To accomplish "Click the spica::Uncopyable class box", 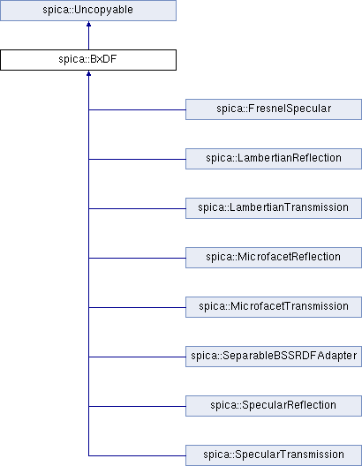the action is tap(88, 11).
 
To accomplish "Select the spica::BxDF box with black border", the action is tap(88, 60).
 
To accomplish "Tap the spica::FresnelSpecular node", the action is tap(274, 109).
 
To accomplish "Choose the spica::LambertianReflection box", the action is tap(274, 159).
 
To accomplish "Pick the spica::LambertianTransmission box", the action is tap(274, 208).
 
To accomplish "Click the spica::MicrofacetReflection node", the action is tap(274, 258).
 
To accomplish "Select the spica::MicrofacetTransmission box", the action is tap(274, 307).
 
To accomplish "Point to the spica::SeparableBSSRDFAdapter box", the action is tap(274, 357).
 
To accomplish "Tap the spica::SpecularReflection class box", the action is tap(274, 406).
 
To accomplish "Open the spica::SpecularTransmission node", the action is tap(274, 455).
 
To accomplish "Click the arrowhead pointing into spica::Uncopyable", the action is tap(88, 24).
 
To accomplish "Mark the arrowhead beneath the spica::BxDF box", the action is tap(88, 73).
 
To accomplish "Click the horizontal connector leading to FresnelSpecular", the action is tap(137, 109).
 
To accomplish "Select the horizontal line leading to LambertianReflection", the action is tap(137, 159).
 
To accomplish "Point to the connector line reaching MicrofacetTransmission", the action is tap(137, 307).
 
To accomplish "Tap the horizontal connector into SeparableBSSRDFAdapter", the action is tap(137, 357).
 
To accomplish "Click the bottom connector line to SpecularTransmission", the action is tap(137, 455).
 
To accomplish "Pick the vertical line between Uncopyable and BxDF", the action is tap(88, 38).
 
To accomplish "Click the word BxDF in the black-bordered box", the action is tap(103, 59).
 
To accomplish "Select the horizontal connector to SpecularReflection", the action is tap(137, 406).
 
